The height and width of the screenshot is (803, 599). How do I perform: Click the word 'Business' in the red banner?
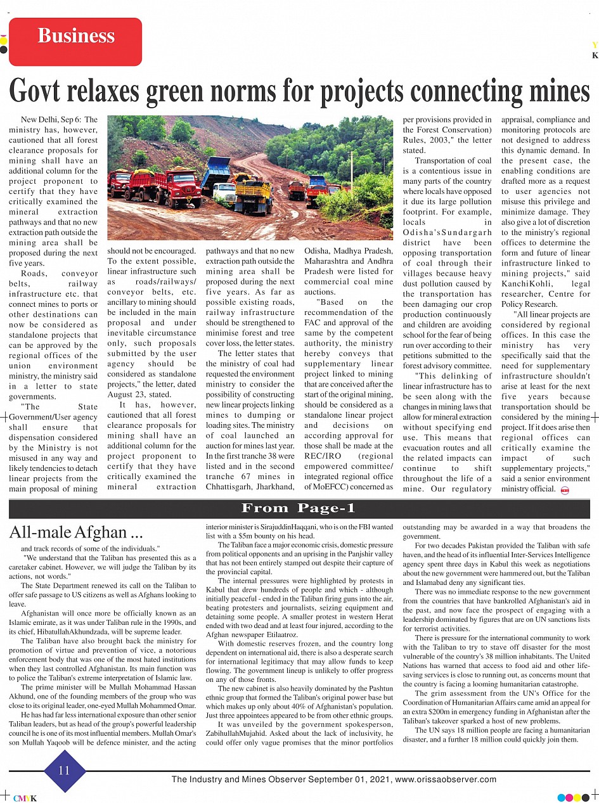click(x=76, y=35)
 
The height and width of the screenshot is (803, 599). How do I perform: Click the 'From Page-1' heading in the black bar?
click(x=299, y=508)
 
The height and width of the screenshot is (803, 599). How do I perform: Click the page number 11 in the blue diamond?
click(x=64, y=771)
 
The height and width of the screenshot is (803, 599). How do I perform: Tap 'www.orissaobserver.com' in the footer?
click(x=446, y=780)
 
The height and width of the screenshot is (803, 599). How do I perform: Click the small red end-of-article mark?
click(x=565, y=490)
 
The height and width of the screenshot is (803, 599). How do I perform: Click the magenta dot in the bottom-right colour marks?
click(x=569, y=797)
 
